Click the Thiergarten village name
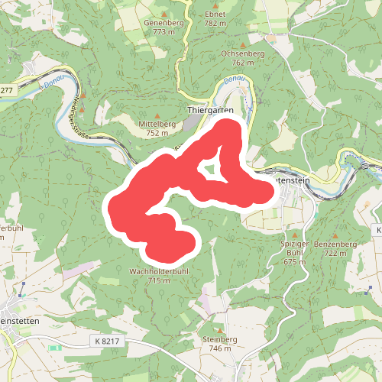tap(210, 110)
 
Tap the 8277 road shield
tap(6, 90)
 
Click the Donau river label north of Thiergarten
tap(234, 80)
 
